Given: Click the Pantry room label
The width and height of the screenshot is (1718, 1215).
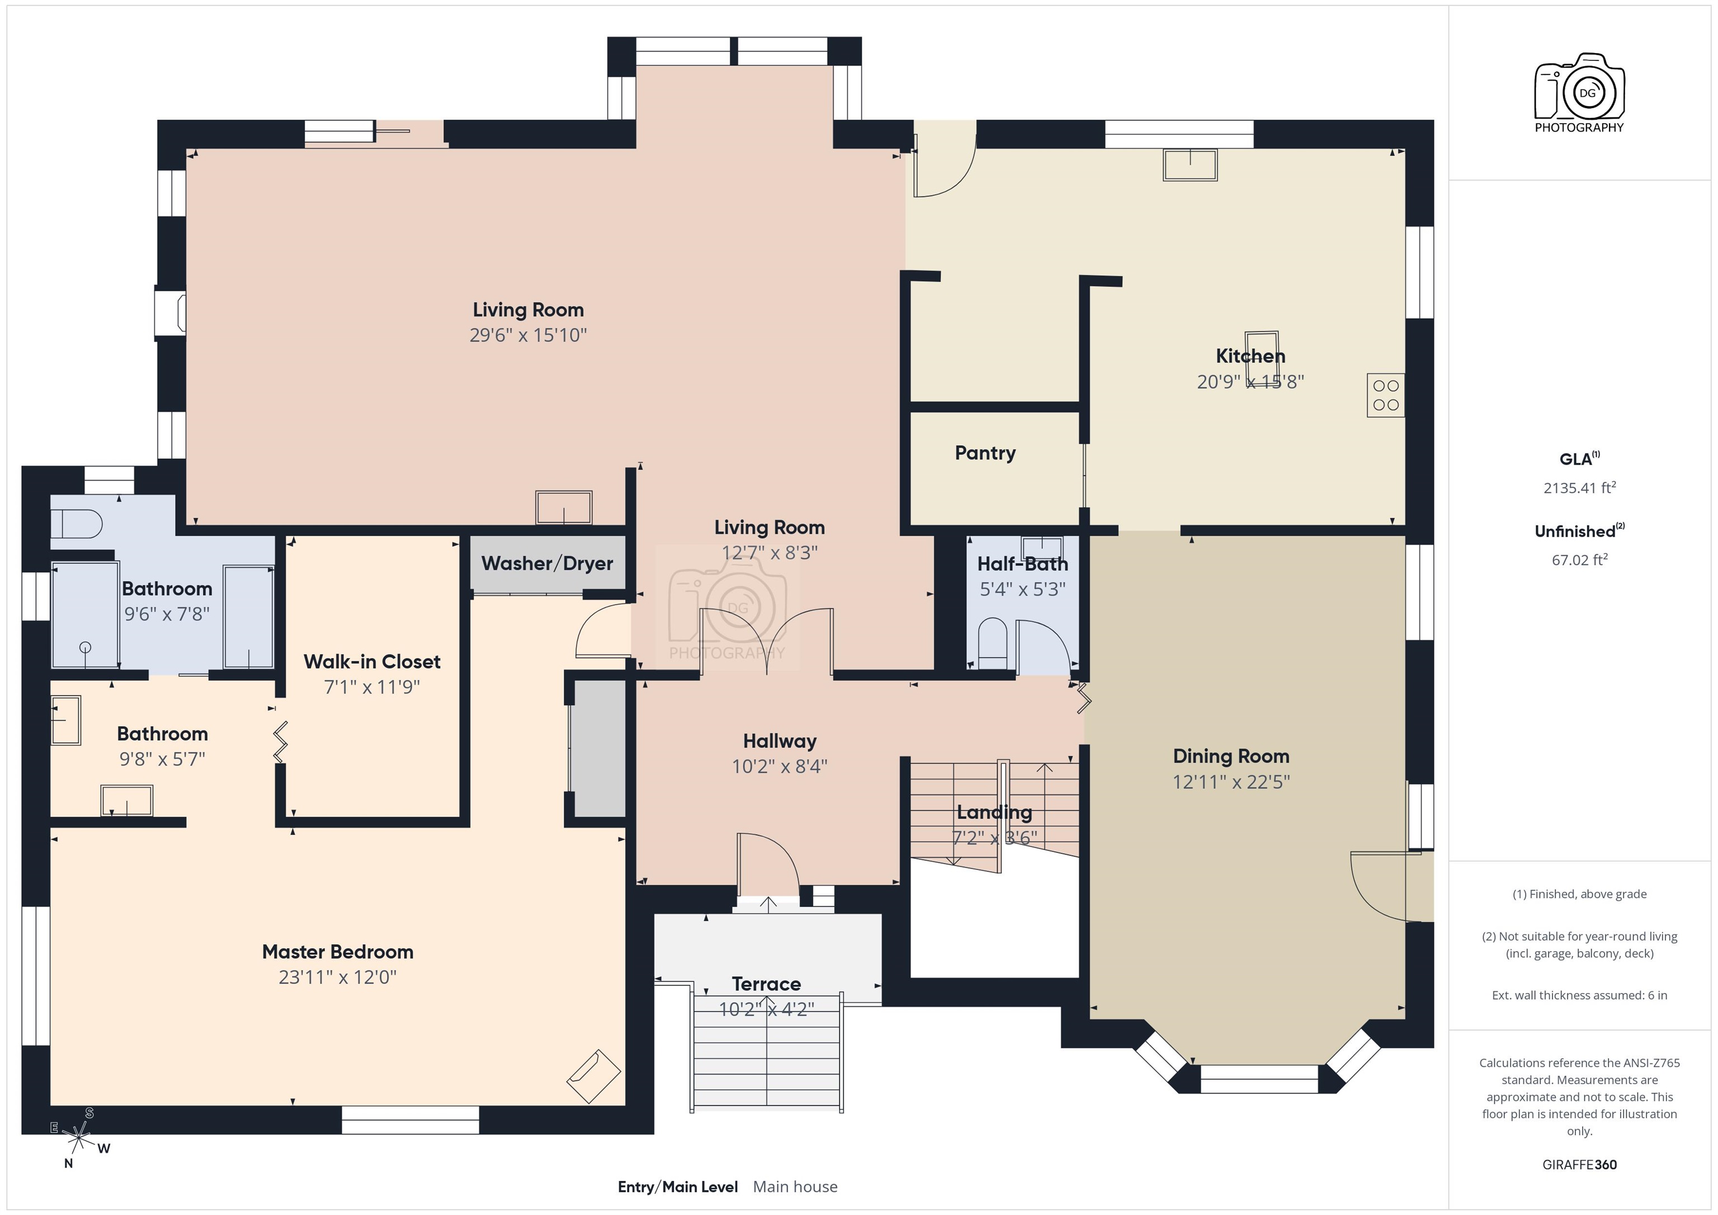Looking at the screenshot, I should pyautogui.click(x=985, y=453).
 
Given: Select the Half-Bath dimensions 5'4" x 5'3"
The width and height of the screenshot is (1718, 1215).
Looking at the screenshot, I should pyautogui.click(x=1022, y=589).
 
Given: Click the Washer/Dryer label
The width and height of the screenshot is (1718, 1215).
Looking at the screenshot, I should pyautogui.click(x=547, y=564).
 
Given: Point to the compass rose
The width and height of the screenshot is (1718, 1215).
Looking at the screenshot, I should pyautogui.click(x=78, y=1139).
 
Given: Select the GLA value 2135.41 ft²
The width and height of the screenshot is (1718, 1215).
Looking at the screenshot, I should pyautogui.click(x=1579, y=488).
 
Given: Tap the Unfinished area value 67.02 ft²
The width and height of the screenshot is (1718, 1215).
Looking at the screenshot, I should pyautogui.click(x=1579, y=560).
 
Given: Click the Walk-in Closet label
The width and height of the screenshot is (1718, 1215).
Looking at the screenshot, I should pyautogui.click(x=372, y=662).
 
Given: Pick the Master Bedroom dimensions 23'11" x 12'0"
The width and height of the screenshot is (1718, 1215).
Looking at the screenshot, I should pyautogui.click(x=337, y=977).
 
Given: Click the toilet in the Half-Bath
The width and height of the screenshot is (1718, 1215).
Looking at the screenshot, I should pyautogui.click(x=993, y=642).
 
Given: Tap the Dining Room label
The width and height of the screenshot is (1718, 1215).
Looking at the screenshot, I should pyautogui.click(x=1231, y=757).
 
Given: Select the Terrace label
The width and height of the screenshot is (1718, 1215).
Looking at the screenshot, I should pyautogui.click(x=766, y=984).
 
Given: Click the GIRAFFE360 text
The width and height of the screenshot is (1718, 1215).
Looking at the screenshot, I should pyautogui.click(x=1579, y=1165).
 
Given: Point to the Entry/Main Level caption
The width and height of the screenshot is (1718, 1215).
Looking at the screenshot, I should pyautogui.click(x=677, y=1186).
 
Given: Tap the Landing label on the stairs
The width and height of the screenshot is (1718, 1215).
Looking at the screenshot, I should pyautogui.click(x=994, y=812).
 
